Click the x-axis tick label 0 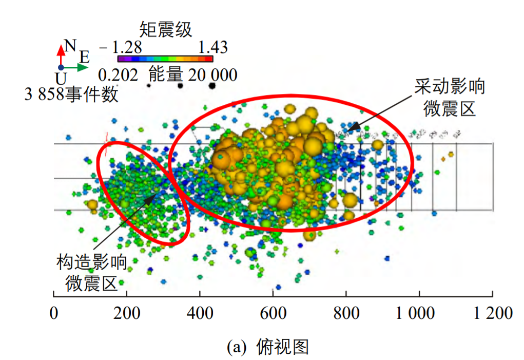coord(53,312)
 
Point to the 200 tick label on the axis coord(126,312)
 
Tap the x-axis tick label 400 coord(200,312)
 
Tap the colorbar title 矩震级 coord(166,29)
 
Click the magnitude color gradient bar coord(165,59)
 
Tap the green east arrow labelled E coord(77,67)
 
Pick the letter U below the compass coord(61,79)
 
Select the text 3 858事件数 coord(72,94)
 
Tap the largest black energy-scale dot coord(212,85)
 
